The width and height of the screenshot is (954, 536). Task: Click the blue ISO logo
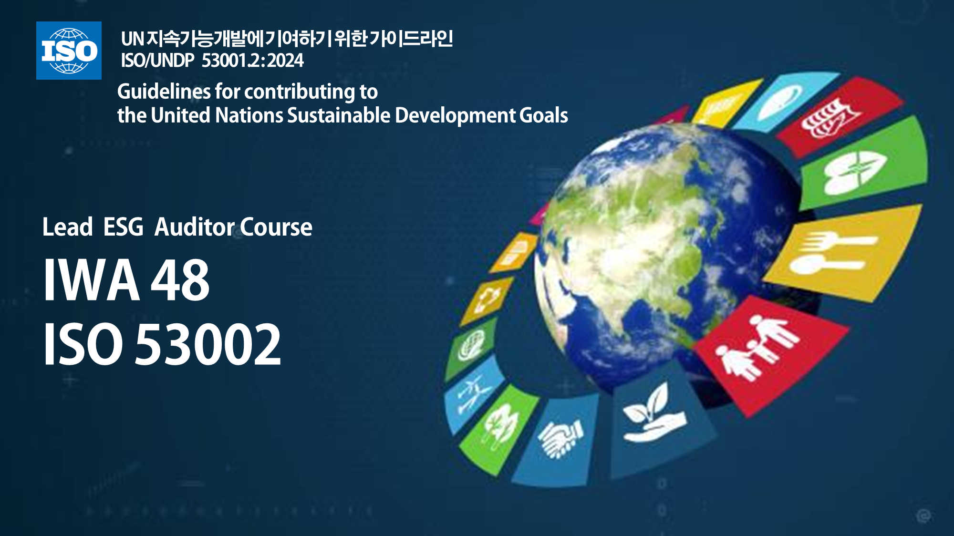[x=69, y=51]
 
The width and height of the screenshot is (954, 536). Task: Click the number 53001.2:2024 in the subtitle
[x=253, y=61]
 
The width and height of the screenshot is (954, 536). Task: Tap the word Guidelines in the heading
[x=164, y=92]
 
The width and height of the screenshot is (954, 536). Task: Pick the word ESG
[x=123, y=227]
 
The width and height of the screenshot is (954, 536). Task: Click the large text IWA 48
[x=126, y=280]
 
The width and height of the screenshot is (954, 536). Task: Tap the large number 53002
[x=208, y=344]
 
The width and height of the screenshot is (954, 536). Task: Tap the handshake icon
[x=560, y=438]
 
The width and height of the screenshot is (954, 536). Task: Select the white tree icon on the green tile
[x=499, y=427]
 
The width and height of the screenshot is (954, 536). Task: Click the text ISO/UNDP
[x=157, y=61]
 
